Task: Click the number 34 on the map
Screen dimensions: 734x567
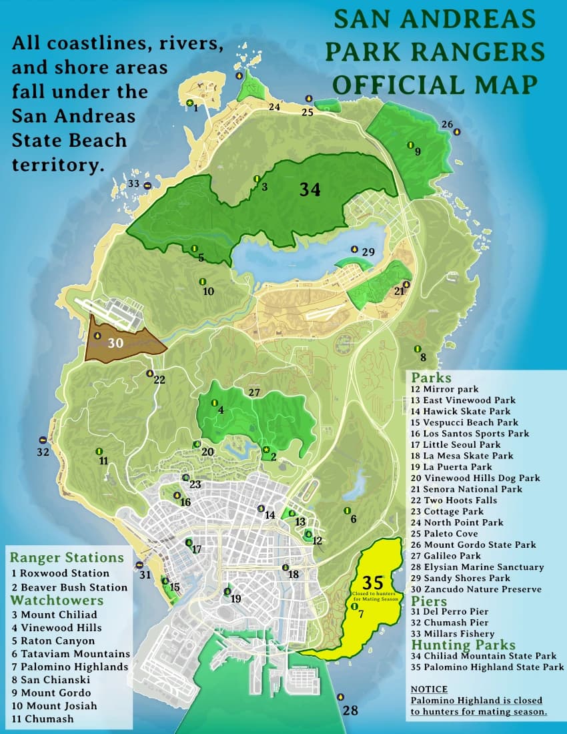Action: pyautogui.click(x=310, y=190)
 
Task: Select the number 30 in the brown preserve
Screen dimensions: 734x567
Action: pyautogui.click(x=115, y=343)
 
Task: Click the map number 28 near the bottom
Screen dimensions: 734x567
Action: pyautogui.click(x=350, y=711)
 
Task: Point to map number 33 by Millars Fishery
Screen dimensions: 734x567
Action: pyautogui.click(x=134, y=183)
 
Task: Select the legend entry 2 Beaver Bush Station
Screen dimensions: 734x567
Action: pyautogui.click(x=69, y=587)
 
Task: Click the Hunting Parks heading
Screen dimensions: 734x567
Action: pyautogui.click(x=463, y=645)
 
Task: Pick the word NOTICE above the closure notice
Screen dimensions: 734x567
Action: pyautogui.click(x=429, y=689)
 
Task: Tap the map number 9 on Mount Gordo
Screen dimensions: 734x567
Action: pyautogui.click(x=418, y=151)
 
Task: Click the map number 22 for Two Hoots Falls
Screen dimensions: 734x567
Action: pyautogui.click(x=159, y=380)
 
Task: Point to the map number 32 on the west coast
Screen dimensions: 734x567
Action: pyautogui.click(x=43, y=452)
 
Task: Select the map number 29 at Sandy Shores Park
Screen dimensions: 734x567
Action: pyautogui.click(x=368, y=252)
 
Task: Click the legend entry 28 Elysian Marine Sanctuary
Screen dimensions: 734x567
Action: pyautogui.click(x=477, y=567)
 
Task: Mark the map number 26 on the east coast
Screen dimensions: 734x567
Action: pyautogui.click(x=447, y=124)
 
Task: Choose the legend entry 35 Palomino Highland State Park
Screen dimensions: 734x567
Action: pyautogui.click(x=487, y=667)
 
